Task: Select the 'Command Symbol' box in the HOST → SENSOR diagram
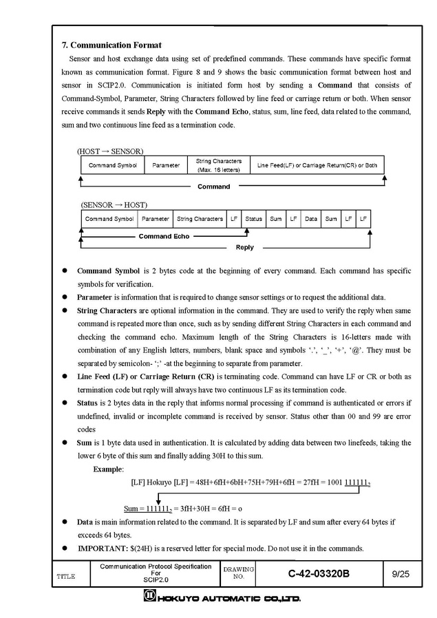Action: click(x=112, y=165)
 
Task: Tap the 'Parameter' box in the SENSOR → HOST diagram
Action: click(x=156, y=219)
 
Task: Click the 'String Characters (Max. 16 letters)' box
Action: click(x=218, y=165)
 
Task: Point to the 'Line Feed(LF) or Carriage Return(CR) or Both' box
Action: click(x=317, y=165)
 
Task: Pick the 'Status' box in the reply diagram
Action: click(x=253, y=219)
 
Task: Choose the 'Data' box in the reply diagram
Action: click(x=311, y=219)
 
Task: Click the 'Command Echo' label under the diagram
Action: click(x=164, y=236)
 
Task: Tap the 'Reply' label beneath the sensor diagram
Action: click(x=244, y=247)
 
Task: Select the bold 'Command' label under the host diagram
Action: click(x=213, y=187)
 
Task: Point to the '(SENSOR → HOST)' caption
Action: click(x=114, y=204)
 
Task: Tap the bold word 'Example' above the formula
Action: click(x=108, y=469)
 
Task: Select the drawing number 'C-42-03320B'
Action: click(x=319, y=574)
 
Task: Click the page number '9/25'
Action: click(x=400, y=574)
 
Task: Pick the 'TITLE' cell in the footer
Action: click(x=66, y=576)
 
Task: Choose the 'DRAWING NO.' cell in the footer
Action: click(x=239, y=573)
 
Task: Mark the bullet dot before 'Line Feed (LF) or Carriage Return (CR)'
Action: click(x=65, y=377)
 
